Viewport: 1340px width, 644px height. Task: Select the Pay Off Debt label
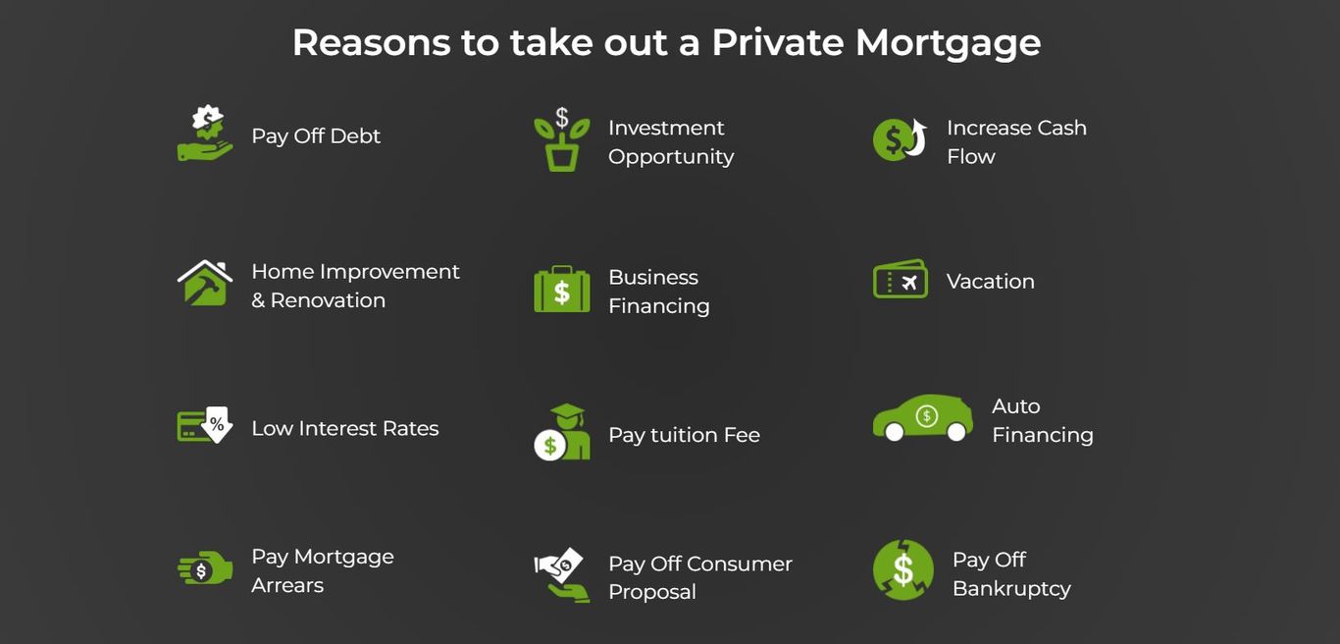(316, 135)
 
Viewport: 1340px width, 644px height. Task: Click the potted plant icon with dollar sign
(562, 138)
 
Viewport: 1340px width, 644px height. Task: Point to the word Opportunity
(671, 157)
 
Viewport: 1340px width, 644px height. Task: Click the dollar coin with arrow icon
(900, 139)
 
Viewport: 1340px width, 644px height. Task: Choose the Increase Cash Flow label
(1016, 141)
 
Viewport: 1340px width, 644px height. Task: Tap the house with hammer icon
(205, 283)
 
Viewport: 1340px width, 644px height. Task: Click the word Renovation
(328, 299)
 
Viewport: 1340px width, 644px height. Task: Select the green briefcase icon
(562, 289)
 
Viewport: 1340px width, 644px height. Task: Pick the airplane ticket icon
(901, 278)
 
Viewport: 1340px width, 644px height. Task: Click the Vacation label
(991, 282)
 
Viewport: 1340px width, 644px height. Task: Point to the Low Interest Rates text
(345, 429)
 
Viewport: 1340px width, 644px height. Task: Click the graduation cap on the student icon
(567, 411)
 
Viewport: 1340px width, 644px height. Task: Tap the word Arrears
(287, 585)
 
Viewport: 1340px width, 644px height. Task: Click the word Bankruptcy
(1011, 588)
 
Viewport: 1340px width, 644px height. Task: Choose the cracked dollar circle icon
(902, 569)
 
